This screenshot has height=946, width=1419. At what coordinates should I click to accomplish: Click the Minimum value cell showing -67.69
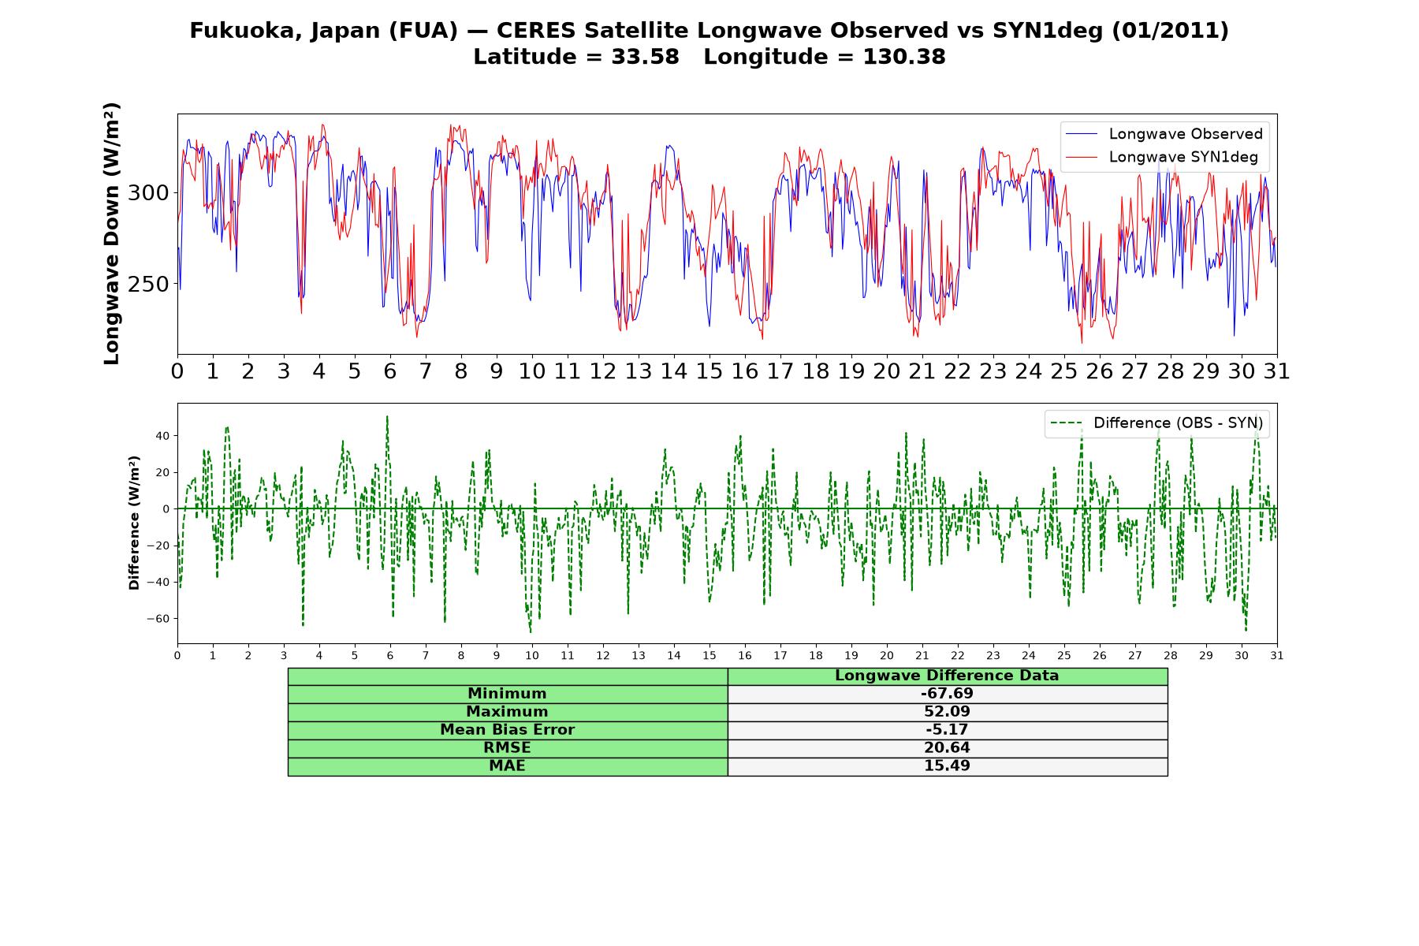pos(947,694)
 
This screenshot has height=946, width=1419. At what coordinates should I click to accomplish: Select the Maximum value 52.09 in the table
pos(947,712)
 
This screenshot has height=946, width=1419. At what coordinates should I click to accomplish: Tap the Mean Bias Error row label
pos(507,730)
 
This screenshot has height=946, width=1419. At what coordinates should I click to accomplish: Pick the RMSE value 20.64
pos(947,748)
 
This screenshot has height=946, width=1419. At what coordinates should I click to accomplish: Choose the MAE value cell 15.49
pos(947,766)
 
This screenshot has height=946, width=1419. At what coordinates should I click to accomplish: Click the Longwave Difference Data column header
pos(947,676)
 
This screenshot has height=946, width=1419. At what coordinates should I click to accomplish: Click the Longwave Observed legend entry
pos(1164,134)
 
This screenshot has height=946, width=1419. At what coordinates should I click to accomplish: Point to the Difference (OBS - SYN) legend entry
pos(1156,423)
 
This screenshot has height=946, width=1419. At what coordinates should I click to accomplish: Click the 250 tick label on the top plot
pos(148,285)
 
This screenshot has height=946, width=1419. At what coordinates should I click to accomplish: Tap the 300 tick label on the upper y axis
pos(148,193)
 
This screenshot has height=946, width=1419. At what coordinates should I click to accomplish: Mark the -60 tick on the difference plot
pos(158,619)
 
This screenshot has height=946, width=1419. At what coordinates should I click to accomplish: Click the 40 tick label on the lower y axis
pos(162,436)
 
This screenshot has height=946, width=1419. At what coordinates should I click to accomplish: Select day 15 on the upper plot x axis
pos(709,371)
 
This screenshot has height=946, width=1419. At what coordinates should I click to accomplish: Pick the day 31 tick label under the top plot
pos(1276,371)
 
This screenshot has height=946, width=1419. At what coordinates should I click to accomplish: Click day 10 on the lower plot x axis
pos(532,655)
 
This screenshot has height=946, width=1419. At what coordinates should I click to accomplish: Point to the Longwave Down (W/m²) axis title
pos(111,233)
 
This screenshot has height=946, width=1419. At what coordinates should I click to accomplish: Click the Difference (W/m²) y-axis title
pos(134,523)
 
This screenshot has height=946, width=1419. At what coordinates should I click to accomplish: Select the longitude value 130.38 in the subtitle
pos(904,57)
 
